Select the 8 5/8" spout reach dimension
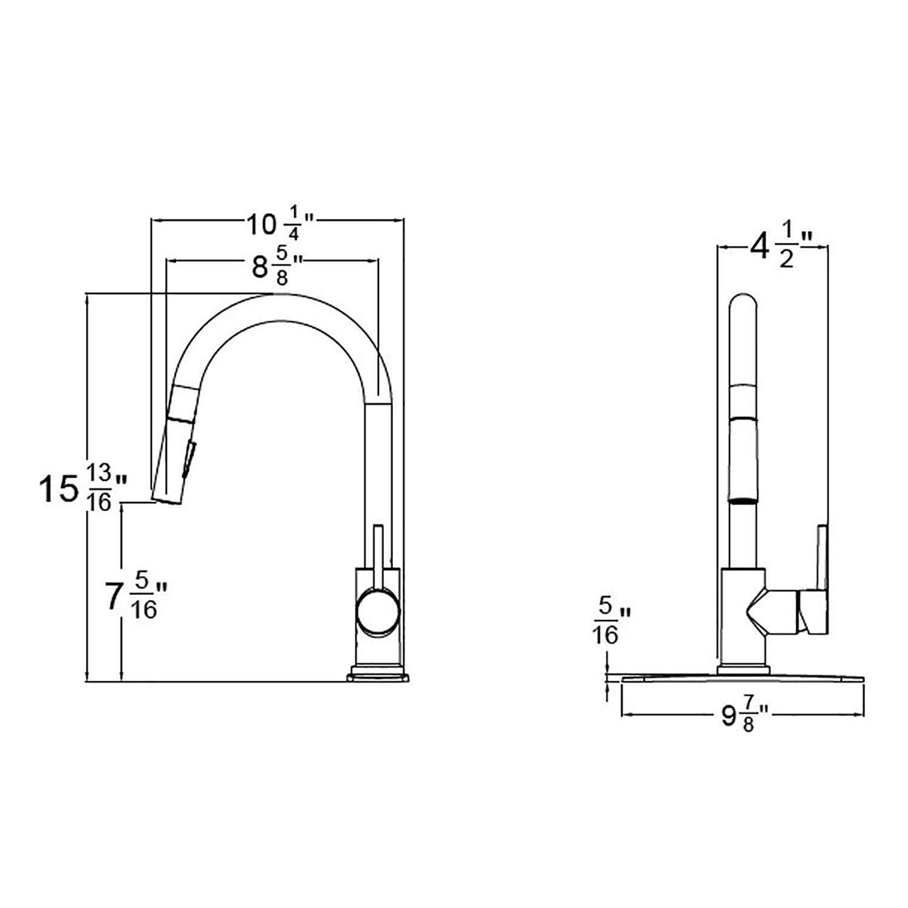pyautogui.click(x=275, y=266)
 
